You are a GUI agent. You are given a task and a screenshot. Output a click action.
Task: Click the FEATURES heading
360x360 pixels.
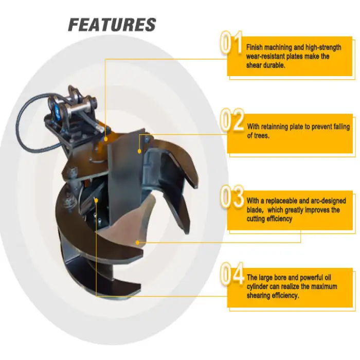pos(112,25)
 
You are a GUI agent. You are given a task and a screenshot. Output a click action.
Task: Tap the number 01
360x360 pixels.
pos(231,44)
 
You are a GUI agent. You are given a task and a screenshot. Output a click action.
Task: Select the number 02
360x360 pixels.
pos(232,120)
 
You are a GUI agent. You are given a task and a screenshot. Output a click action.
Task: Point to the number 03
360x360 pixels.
pos(232,197)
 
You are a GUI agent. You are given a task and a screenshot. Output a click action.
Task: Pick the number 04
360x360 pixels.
pos(232,275)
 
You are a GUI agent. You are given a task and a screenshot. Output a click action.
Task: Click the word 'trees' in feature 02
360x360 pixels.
pos(257,136)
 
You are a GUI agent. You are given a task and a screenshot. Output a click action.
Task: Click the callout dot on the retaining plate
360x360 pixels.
pos(139,151)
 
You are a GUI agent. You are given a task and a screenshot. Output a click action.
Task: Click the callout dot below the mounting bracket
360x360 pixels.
pos(105,139)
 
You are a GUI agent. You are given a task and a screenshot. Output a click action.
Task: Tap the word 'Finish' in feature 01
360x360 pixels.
pos(256,47)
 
